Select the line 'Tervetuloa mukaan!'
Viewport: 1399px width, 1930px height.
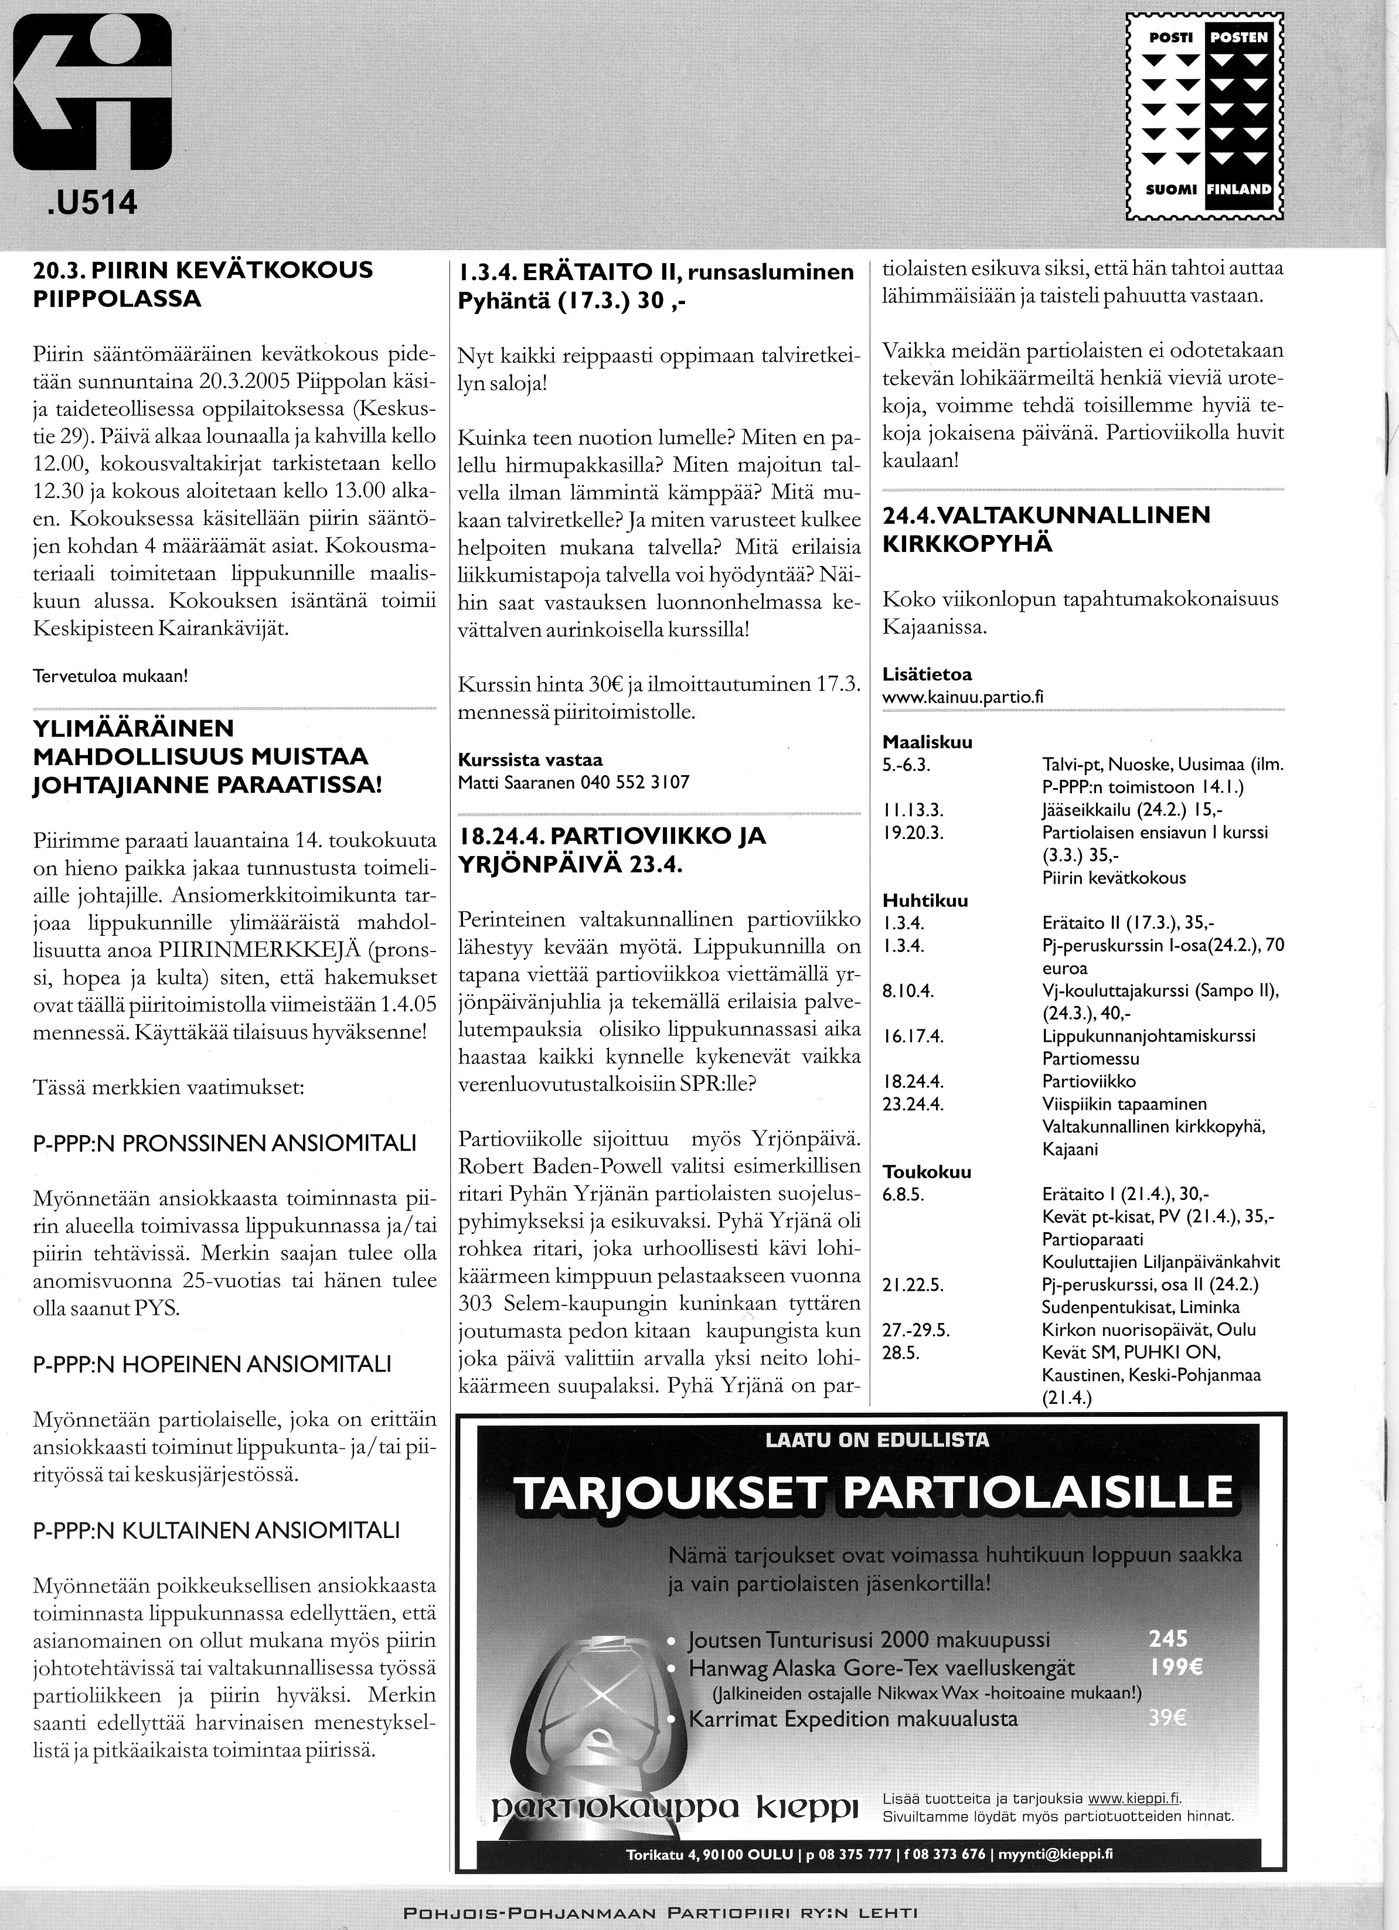click(110, 677)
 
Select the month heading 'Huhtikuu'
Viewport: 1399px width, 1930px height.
click(925, 901)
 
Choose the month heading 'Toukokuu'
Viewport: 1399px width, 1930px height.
click(927, 1172)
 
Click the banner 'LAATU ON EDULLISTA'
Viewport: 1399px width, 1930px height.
click(877, 1440)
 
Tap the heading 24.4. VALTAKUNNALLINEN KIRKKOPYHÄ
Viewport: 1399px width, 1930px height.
click(1047, 528)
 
